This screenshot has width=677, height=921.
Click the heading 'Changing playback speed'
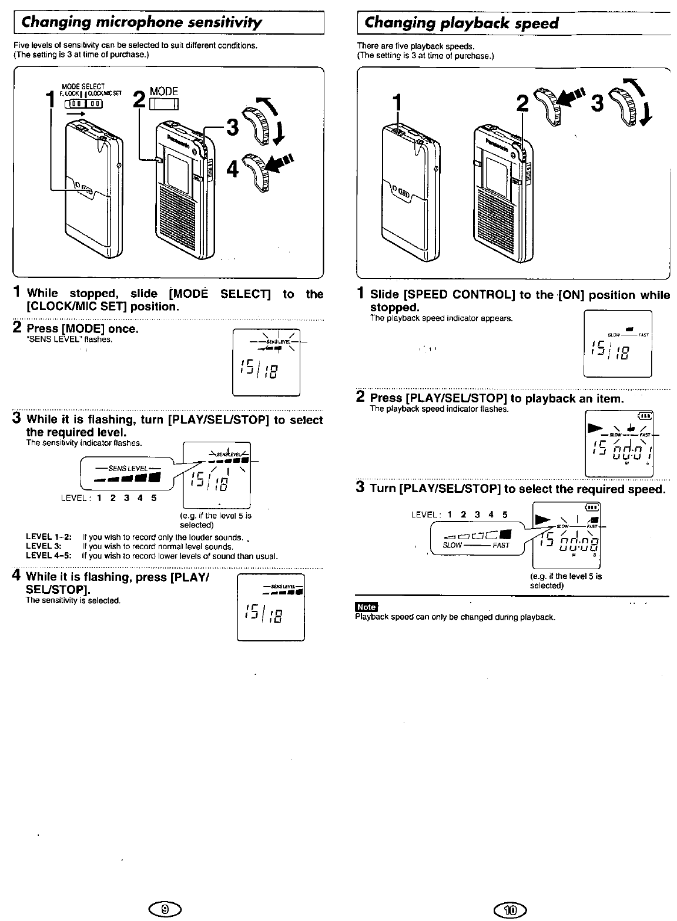(461, 23)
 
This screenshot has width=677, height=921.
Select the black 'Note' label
(366, 607)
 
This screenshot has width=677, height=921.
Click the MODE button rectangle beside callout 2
(164, 105)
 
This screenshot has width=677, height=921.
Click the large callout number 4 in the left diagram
(233, 170)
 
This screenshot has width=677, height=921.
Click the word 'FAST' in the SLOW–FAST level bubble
(501, 545)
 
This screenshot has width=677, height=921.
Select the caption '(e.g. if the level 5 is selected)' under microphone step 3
(215, 520)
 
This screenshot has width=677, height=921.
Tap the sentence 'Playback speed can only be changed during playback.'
(455, 617)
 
